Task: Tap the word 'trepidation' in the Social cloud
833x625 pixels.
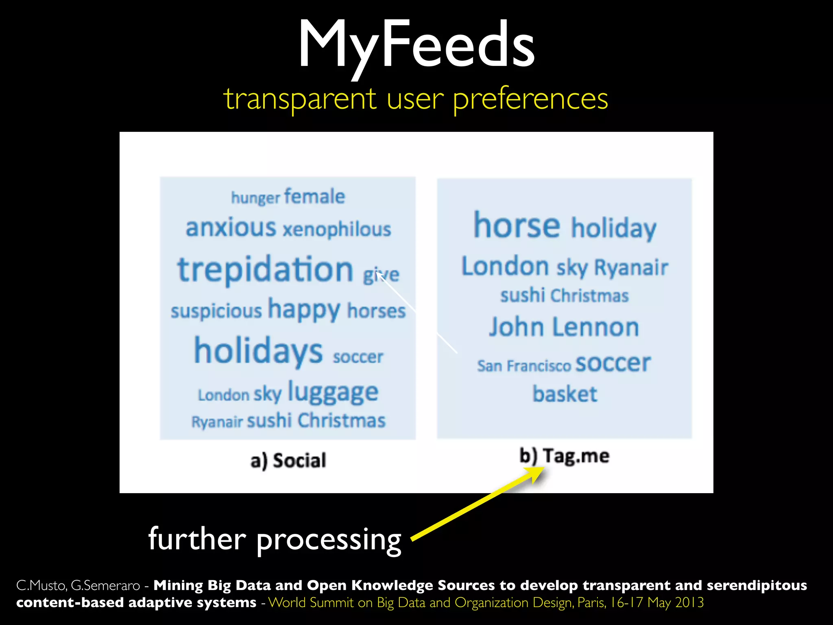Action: tap(265, 269)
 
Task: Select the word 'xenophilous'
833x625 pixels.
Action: tap(337, 229)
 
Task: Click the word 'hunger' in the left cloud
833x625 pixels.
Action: tap(255, 198)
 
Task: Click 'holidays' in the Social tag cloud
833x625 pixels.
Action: tap(258, 351)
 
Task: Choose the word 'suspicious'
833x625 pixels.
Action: tap(216, 311)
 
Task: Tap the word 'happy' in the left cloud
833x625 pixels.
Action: tap(304, 310)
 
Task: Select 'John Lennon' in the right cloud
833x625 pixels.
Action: tap(564, 327)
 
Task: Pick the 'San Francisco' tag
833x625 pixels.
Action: tap(524, 366)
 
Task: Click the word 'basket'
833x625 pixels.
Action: tap(565, 394)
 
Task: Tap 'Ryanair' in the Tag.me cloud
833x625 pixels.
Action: tap(631, 267)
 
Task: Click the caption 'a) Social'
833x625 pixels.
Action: tap(288, 461)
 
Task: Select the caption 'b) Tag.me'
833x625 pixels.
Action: tap(564, 456)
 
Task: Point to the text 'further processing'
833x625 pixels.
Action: tap(275, 539)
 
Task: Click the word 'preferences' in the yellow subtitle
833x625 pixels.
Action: tap(530, 99)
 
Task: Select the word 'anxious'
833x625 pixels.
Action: tap(231, 227)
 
